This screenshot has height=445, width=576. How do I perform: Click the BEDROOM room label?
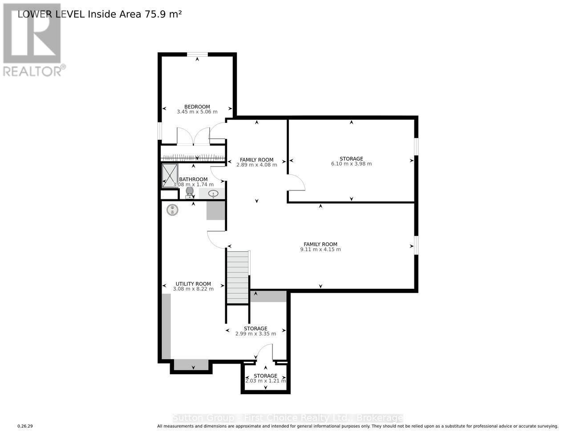pos(197,107)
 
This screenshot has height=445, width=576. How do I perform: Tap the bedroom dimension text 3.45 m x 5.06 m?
pos(197,112)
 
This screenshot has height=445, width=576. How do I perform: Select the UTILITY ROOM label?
pos(193,284)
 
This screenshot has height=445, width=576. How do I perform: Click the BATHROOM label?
pos(193,179)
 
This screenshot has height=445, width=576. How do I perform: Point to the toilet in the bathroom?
pos(189,192)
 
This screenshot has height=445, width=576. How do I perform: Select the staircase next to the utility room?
pos(238,277)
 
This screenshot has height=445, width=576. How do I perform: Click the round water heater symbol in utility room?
pos(172,210)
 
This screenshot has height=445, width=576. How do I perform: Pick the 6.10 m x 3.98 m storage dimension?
pos(351,164)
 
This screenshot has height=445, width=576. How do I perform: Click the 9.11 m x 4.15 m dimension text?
pos(320,250)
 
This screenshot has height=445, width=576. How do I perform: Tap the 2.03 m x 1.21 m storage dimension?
pos(266,381)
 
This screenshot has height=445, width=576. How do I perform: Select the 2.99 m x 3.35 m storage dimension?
pos(256,334)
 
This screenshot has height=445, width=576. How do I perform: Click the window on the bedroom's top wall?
pos(197,55)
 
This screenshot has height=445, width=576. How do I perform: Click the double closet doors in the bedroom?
pos(193,137)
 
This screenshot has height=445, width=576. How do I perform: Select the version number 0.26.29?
pos(25,426)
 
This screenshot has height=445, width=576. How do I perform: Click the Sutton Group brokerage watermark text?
pos(288,418)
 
